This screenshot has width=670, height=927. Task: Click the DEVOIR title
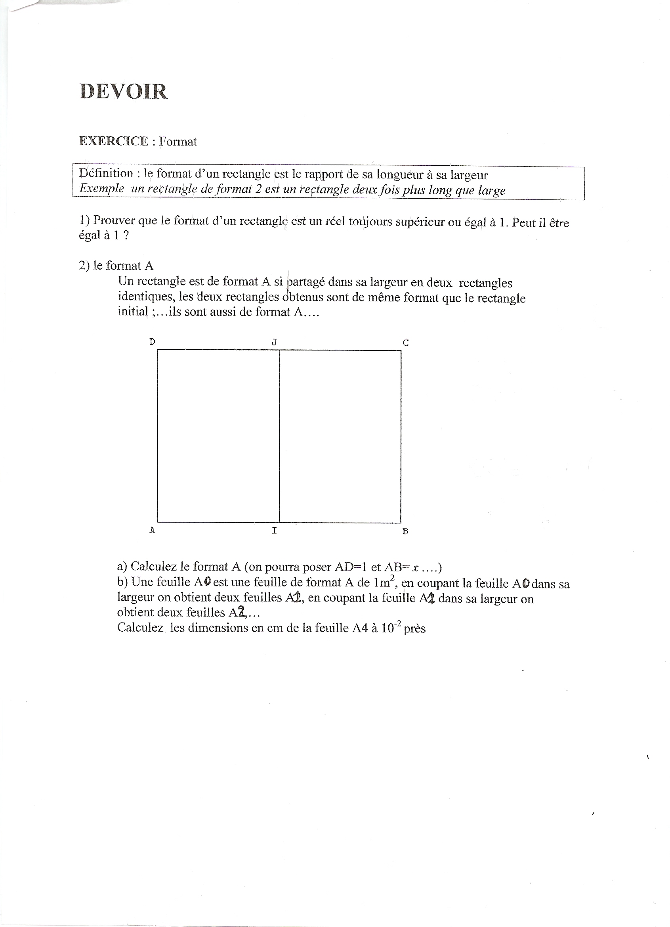pyautogui.click(x=123, y=91)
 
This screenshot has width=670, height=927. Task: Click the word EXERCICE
pyautogui.click(x=114, y=141)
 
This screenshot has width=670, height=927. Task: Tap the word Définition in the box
pyautogui.click(x=106, y=173)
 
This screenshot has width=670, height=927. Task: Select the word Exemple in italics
pyautogui.click(x=102, y=188)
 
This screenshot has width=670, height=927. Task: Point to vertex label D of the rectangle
pyautogui.click(x=153, y=342)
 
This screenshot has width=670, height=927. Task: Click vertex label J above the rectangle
pyautogui.click(x=275, y=342)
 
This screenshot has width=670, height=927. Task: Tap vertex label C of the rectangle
pyautogui.click(x=406, y=343)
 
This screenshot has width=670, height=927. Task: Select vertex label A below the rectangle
pyautogui.click(x=153, y=531)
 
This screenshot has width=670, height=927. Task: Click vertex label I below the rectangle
pyautogui.click(x=275, y=531)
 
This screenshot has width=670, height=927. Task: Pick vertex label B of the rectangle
pyautogui.click(x=405, y=531)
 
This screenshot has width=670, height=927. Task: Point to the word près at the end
pyautogui.click(x=414, y=628)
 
